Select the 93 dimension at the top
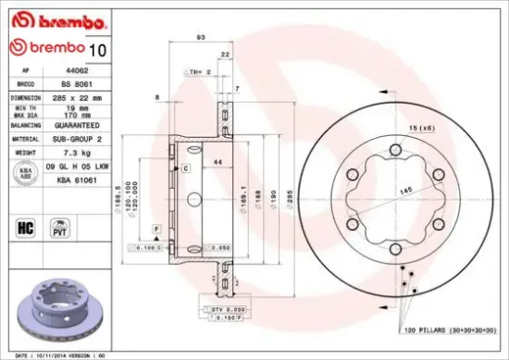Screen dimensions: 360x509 201,37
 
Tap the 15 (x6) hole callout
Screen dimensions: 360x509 422,127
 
